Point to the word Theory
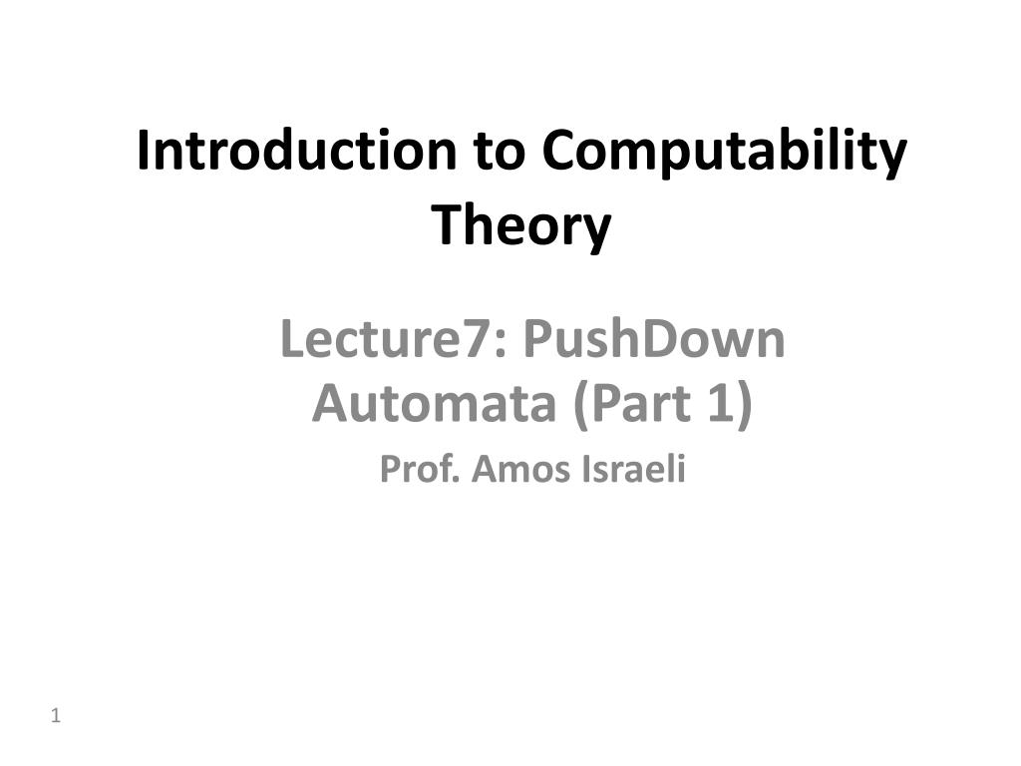[x=520, y=225]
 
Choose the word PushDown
[x=654, y=340]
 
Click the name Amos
[x=519, y=469]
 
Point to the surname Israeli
[x=633, y=469]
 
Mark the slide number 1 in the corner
[x=57, y=715]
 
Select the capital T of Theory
[x=445, y=225]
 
